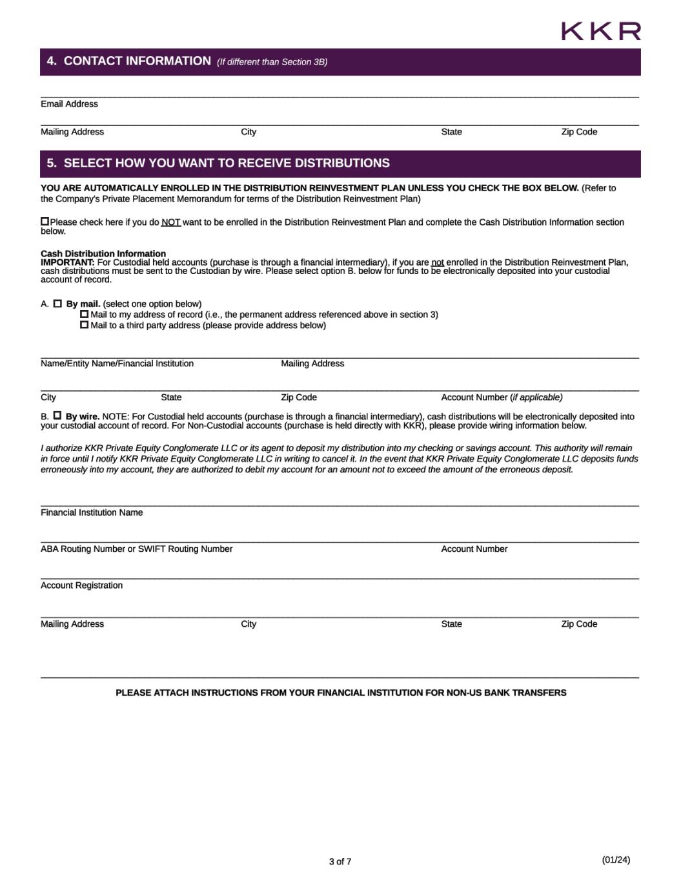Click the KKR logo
[x=600, y=31]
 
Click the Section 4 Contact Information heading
[x=137, y=61]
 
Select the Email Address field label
[x=69, y=104]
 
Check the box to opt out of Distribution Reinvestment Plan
[x=45, y=222]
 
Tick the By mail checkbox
[x=57, y=304]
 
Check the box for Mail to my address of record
[x=84, y=314]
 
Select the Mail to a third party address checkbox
[x=84, y=325]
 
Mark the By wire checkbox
[x=57, y=415]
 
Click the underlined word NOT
[x=170, y=222]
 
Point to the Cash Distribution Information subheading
[x=103, y=253]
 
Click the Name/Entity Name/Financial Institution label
[x=117, y=364]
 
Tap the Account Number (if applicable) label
[x=502, y=397]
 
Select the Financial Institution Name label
[x=92, y=512]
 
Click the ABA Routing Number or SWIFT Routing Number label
[x=136, y=549]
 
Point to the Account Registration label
[x=81, y=585]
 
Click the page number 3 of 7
[x=340, y=861]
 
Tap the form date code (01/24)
[x=616, y=859]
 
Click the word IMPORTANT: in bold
[x=67, y=262]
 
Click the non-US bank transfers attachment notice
[x=341, y=693]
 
